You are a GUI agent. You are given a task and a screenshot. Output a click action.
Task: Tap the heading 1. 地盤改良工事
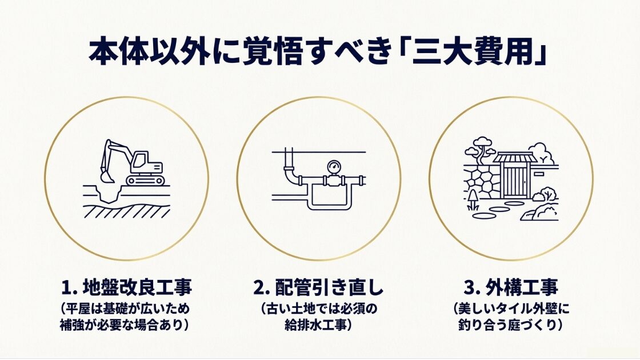[126, 287]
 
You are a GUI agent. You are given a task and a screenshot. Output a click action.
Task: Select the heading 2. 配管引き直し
[318, 287]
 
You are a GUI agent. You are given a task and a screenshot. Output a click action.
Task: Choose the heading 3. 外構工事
[511, 287]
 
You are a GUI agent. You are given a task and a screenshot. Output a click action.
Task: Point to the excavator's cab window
[140, 158]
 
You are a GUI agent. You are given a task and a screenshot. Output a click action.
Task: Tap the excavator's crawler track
[145, 180]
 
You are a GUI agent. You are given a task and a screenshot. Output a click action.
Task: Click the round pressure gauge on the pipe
[334, 166]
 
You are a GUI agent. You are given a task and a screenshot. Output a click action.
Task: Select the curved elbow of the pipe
[291, 175]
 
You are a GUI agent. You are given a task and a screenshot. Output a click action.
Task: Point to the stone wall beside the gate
[482, 182]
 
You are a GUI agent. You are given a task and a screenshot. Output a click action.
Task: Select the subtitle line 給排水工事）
[318, 325]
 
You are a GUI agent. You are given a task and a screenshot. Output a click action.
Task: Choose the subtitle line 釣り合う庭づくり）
[511, 325]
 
